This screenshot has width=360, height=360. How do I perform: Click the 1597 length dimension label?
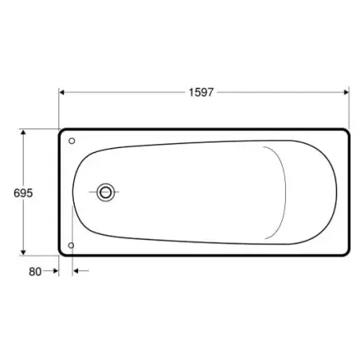(x=201, y=92)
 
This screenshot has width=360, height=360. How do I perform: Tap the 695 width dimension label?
(x=23, y=193)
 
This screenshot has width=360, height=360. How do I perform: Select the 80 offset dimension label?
(x=35, y=272)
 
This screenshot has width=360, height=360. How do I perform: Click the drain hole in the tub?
(x=106, y=192)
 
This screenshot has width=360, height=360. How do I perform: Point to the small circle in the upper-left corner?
(x=72, y=141)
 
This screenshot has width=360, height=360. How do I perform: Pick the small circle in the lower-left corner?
(x=71, y=245)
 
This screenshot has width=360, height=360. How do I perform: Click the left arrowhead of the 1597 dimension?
(x=61, y=92)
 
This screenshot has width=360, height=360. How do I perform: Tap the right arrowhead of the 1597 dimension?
(x=346, y=92)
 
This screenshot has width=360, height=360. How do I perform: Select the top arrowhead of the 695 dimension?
(x=23, y=132)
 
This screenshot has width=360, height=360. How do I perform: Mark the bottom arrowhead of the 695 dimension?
(x=23, y=252)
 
